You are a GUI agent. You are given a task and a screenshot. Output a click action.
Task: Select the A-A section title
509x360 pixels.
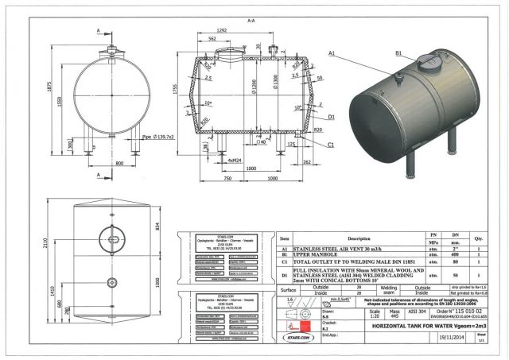251,19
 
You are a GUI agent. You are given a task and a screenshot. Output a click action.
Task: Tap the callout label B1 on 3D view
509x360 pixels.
399,53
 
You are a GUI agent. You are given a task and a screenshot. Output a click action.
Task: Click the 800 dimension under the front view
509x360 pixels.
119,162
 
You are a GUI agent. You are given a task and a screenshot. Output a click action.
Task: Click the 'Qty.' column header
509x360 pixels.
479,238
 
